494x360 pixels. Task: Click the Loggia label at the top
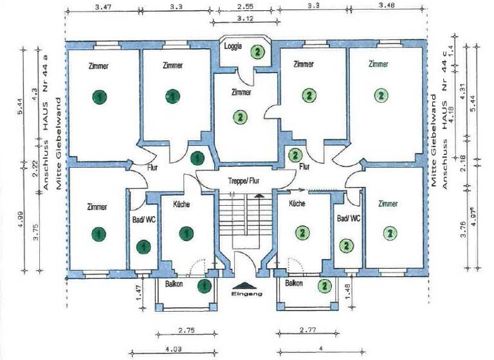pos(233,46)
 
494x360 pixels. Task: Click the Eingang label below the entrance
pos(246,294)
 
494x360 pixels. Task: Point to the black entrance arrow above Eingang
pos(246,285)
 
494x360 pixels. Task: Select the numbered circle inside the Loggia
pos(257,51)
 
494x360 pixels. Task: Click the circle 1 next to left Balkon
pos(205,285)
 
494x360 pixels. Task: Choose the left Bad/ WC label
pos(142,219)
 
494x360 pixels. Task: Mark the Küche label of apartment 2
pos(297,204)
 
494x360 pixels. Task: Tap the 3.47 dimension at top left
pos(103,7)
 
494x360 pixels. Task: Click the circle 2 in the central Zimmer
pos(240,117)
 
